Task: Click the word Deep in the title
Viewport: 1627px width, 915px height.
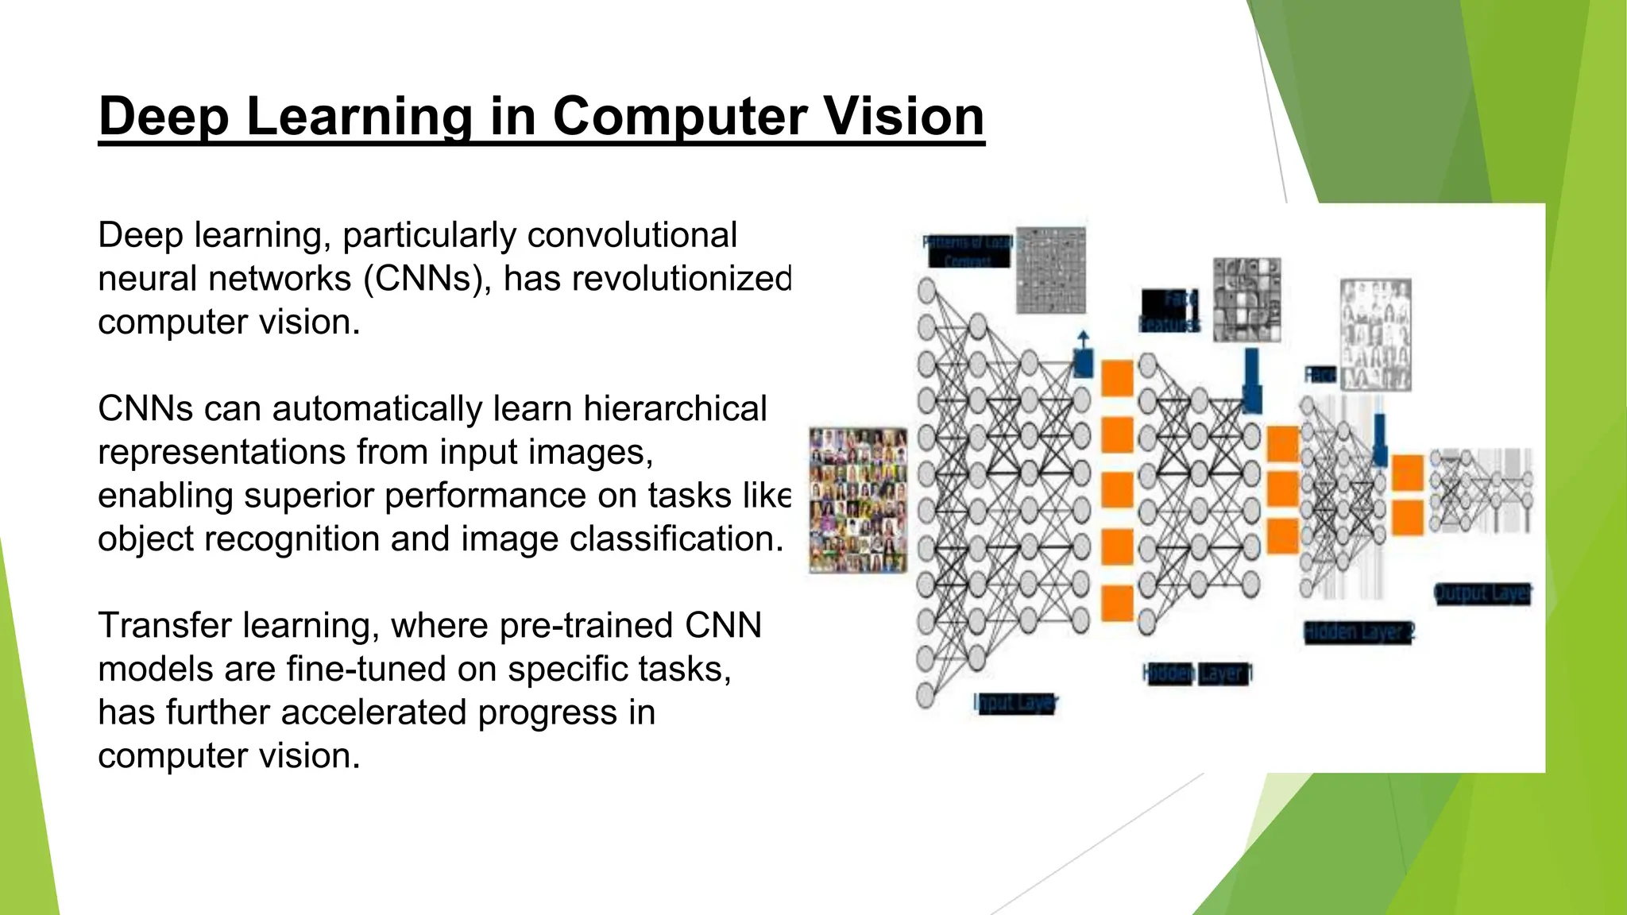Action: pos(164,116)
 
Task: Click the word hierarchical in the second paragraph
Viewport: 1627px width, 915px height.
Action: pos(674,408)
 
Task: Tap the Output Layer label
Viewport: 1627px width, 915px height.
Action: pos(1482,593)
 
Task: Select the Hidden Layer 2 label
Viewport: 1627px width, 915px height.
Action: pos(1359,632)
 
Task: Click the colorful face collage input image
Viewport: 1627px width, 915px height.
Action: pos(858,500)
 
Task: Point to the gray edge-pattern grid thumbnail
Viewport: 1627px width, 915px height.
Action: pos(1051,270)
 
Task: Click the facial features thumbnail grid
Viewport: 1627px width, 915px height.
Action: pos(1246,300)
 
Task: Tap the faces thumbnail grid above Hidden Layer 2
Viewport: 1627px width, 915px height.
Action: pos(1375,334)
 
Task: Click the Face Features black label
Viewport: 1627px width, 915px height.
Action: pos(1170,311)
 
